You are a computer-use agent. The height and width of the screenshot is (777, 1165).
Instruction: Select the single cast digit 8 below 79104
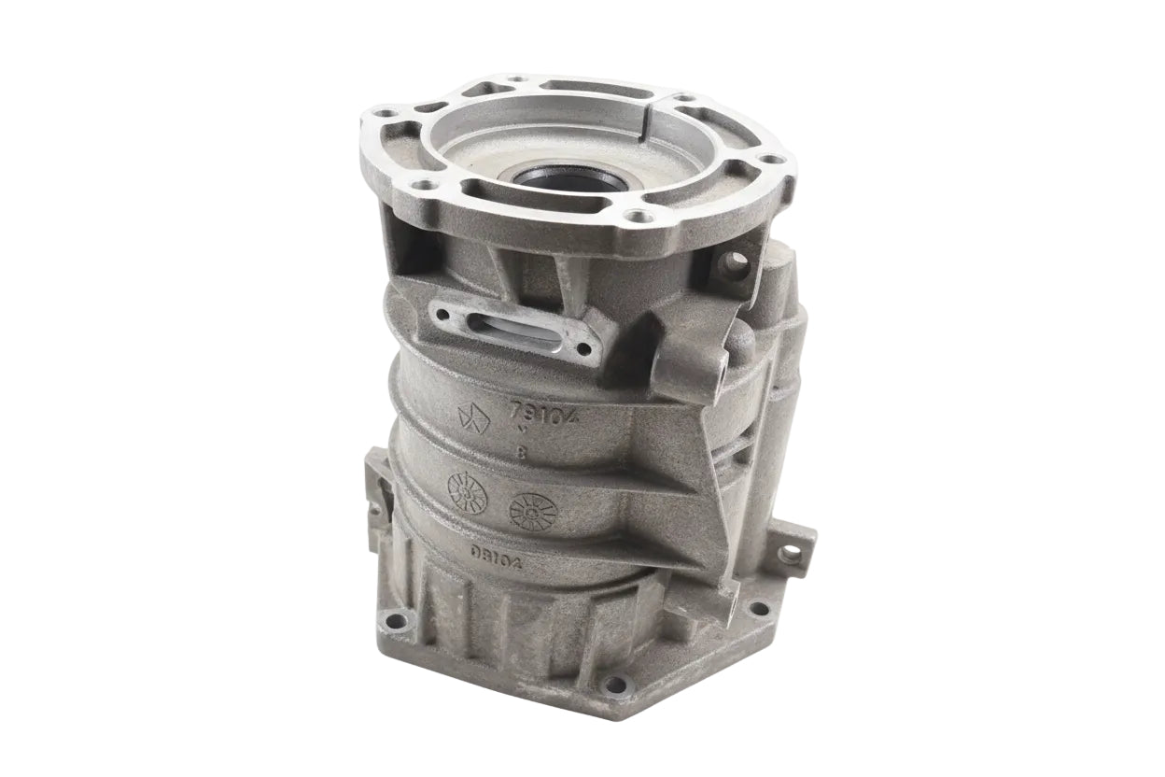tap(520, 454)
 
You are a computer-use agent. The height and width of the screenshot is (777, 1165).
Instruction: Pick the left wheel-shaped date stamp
tap(469, 491)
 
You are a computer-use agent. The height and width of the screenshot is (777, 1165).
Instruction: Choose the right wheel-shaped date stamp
tap(533, 511)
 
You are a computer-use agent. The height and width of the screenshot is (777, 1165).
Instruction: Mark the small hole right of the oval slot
tap(584, 350)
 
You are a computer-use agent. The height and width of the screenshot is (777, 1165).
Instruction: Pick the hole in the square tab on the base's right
tap(792, 551)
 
